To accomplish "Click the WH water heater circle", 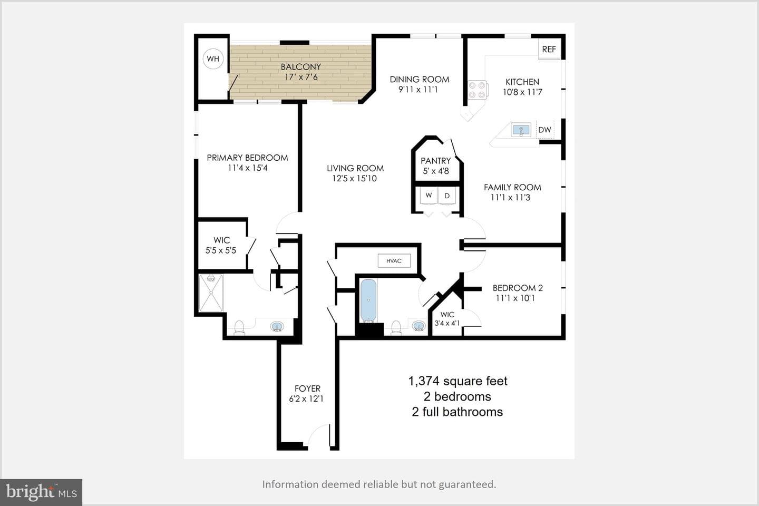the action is pos(213,59).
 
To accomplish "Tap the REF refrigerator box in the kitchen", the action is pos(549,49).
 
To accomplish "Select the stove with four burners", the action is pos(478,90).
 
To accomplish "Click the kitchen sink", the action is pos(521,130).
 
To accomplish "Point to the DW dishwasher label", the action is pos(544,130).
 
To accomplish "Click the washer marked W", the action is pos(429,197).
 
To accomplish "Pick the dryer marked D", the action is pos(447,197).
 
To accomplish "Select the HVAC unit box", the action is pos(394,260).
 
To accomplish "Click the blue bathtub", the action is pos(368,300).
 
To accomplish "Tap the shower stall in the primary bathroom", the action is pos(211,293).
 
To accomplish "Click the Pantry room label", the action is pos(436,161).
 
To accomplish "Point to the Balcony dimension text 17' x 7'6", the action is pos(301,77).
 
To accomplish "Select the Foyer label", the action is pos(307,388).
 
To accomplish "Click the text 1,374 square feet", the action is pos(458,381).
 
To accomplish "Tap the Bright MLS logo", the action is pos(41,492).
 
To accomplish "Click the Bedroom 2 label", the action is pos(518,288).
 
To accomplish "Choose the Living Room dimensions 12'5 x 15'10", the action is pos(354,178).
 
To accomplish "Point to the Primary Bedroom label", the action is pos(247,158).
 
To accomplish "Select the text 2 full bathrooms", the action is pos(458,412).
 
